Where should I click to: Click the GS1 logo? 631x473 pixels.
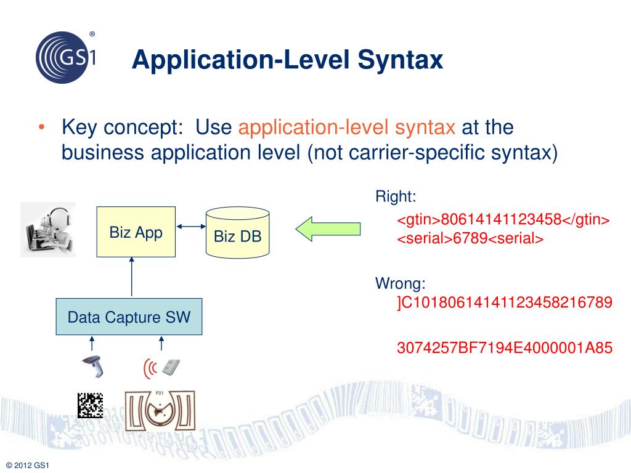click(x=65, y=57)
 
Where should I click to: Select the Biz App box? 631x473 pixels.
click(x=136, y=232)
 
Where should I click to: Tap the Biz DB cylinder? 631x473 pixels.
click(x=238, y=233)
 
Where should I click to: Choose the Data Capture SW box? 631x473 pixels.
click(x=129, y=317)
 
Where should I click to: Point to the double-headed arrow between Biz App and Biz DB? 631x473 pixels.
click(x=190, y=225)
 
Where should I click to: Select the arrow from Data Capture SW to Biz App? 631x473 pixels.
click(x=132, y=278)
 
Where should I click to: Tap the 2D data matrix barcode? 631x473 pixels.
click(x=90, y=405)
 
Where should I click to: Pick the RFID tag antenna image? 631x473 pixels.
click(x=160, y=410)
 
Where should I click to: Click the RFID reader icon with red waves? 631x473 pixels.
click(x=163, y=368)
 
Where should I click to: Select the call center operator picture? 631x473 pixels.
click(x=48, y=229)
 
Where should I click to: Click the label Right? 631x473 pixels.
click(x=396, y=198)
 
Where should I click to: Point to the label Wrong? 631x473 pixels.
click(x=401, y=284)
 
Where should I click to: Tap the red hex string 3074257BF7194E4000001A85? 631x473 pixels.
click(x=505, y=348)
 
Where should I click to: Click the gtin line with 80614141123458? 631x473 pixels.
click(x=503, y=220)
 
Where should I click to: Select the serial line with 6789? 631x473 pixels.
click(x=470, y=239)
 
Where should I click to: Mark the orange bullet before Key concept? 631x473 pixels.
click(x=41, y=128)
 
